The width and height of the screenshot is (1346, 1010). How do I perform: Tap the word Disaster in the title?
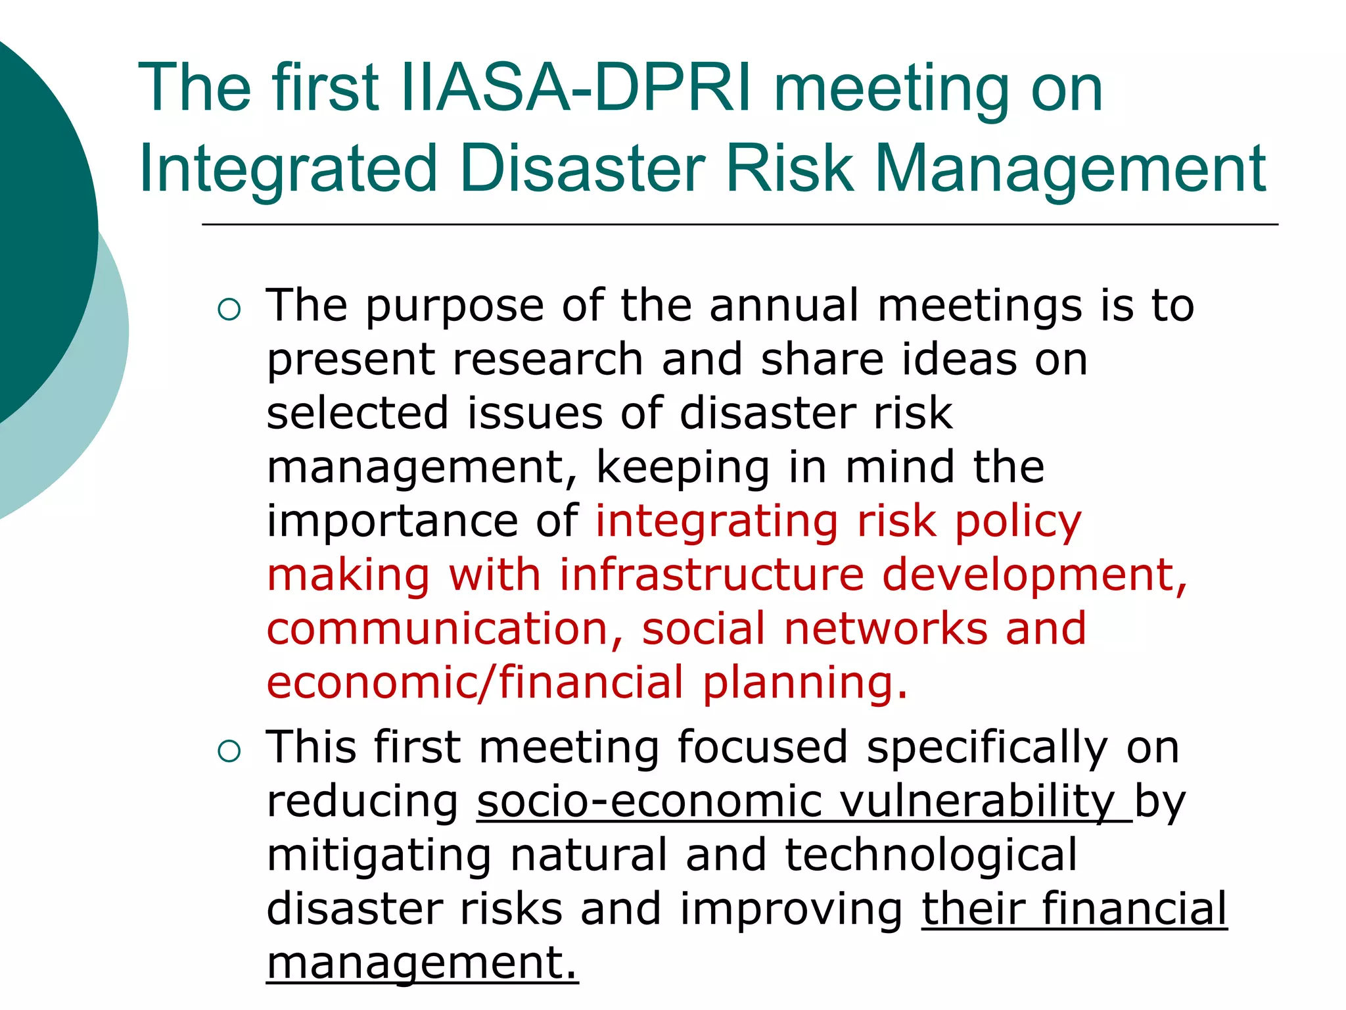pyautogui.click(x=582, y=169)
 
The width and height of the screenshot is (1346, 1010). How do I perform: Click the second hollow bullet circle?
pyautogui.click(x=229, y=751)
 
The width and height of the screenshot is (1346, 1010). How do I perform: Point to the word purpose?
pyautogui.click(x=455, y=306)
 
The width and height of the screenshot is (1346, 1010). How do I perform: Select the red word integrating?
pyautogui.click(x=717, y=522)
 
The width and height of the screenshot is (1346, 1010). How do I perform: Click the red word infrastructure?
pyautogui.click(x=712, y=575)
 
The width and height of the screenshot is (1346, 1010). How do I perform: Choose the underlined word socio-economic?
pyautogui.click(x=649, y=802)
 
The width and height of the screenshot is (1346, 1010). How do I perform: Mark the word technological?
pyautogui.click(x=931, y=856)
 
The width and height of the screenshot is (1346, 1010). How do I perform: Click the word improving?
pyautogui.click(x=791, y=910)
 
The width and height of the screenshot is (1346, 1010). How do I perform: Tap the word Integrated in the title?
pyautogui.click(x=288, y=169)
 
